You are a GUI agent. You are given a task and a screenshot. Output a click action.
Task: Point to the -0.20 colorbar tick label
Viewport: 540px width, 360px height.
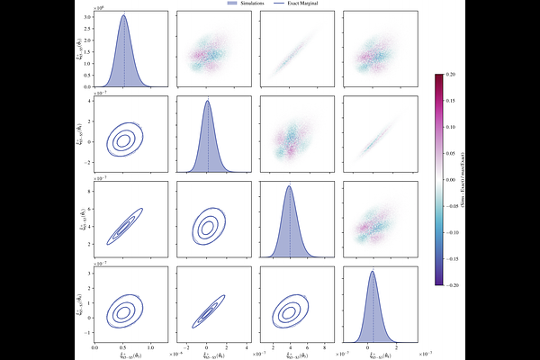449,285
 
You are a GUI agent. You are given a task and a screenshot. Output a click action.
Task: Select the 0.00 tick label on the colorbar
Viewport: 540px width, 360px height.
449,179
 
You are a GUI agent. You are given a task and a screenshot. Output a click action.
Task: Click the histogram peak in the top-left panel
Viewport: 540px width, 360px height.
124,15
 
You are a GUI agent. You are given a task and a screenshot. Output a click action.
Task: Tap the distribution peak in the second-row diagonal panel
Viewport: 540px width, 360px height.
207,101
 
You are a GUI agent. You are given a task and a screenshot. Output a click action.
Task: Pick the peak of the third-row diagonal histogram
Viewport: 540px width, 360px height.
290,186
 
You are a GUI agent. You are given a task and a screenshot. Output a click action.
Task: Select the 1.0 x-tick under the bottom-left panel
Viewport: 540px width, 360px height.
150,346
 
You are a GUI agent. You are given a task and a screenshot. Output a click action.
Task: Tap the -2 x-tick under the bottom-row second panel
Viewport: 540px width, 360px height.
187,346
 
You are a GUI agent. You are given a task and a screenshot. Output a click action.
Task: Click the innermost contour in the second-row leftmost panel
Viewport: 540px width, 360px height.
123,140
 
